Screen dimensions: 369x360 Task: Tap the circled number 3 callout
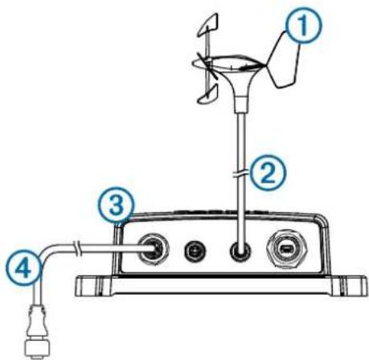point(117,206)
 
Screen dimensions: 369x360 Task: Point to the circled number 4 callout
point(24,268)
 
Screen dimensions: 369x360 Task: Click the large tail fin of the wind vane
point(284,61)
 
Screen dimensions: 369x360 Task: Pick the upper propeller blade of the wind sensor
point(208,25)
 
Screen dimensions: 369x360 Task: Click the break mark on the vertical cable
point(240,174)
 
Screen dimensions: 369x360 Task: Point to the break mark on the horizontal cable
point(76,247)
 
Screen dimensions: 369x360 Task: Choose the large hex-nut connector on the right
point(288,249)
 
